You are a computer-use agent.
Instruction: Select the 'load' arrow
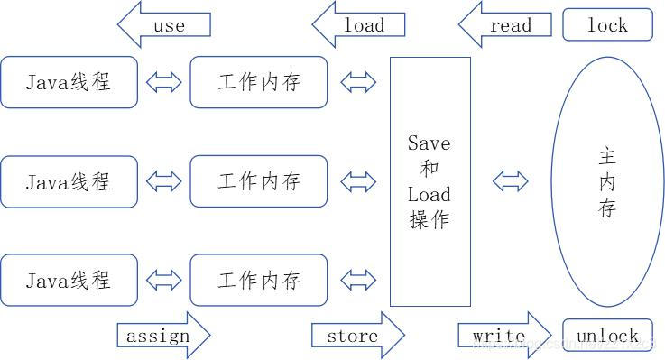(358, 24)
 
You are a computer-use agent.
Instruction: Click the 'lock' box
(607, 25)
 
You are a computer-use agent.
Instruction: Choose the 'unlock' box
(607, 336)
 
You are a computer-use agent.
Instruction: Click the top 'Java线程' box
(69, 82)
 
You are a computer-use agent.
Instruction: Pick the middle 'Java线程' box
(69, 181)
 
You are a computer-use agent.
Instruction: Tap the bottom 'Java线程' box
(69, 280)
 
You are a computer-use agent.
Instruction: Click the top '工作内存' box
(259, 82)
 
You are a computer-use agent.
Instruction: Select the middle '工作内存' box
(259, 181)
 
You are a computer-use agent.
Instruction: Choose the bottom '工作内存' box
(259, 280)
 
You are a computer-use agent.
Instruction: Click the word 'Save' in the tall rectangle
(429, 143)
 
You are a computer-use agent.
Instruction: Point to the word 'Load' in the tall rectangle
(429, 194)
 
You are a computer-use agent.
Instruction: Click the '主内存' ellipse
(607, 182)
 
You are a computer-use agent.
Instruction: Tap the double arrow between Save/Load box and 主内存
(510, 181)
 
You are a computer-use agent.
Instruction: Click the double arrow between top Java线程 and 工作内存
(163, 83)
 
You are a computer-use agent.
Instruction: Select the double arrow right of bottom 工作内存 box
(358, 281)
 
